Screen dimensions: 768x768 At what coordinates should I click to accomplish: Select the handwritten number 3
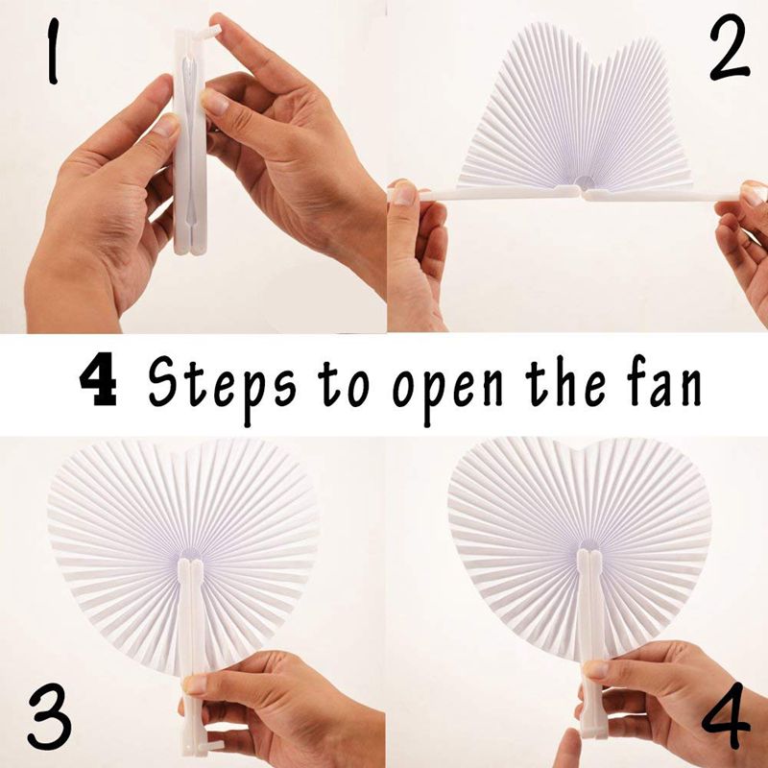(48, 716)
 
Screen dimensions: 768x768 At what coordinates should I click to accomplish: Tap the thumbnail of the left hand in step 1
(167, 125)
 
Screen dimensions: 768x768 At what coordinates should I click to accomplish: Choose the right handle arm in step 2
(662, 195)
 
